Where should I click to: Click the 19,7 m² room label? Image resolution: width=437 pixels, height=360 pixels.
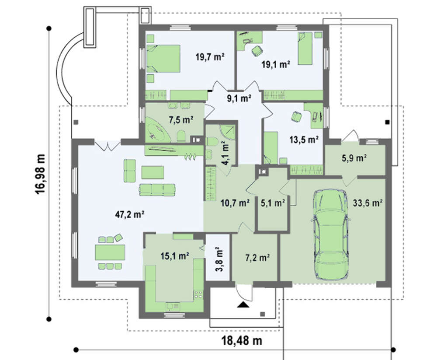coord(210,57)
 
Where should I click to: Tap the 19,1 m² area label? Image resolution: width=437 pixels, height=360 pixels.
coord(275,64)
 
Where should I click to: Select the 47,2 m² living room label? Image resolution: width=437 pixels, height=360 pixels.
coord(130,214)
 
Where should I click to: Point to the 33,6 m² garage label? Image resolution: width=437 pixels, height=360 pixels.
coord(368,203)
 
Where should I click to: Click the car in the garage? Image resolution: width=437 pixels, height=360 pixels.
coord(330,234)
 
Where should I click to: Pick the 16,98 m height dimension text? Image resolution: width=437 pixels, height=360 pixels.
coord(40,174)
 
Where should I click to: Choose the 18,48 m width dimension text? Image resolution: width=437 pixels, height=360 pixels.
coord(242,341)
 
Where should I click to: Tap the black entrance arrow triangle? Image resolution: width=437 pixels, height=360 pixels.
coord(243,305)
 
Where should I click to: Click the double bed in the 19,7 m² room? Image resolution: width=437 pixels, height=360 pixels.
coord(163,59)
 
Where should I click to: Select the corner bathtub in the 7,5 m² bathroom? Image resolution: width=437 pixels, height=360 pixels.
coord(157,130)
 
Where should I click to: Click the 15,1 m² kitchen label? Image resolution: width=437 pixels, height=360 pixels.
coord(175,256)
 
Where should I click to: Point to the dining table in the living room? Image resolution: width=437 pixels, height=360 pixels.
coord(110,252)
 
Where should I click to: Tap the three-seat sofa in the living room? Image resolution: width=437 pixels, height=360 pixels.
coord(157,189)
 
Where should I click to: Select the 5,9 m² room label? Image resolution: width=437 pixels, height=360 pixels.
coord(354,158)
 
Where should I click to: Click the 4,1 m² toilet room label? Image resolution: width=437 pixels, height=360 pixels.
coord(225,153)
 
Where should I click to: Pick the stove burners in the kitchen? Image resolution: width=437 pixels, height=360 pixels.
coord(198,294)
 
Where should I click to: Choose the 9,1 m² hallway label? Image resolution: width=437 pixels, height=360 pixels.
coord(239,98)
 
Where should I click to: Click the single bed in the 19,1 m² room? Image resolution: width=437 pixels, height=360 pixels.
coord(305,49)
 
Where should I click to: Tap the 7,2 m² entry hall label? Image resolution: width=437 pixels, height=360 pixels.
coord(257,258)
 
